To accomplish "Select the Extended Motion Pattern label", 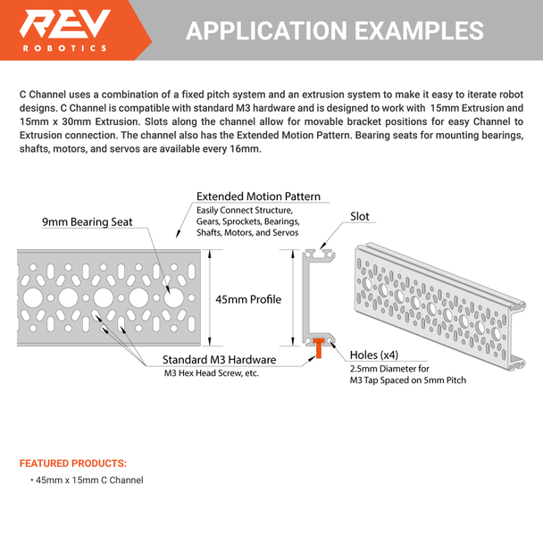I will pos(258,196).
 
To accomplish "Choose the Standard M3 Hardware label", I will pos(219,359).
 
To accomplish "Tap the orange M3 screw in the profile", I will pos(317,348).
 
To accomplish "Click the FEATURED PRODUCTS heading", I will pos(73,464).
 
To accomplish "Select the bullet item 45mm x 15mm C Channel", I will pos(88,480).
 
